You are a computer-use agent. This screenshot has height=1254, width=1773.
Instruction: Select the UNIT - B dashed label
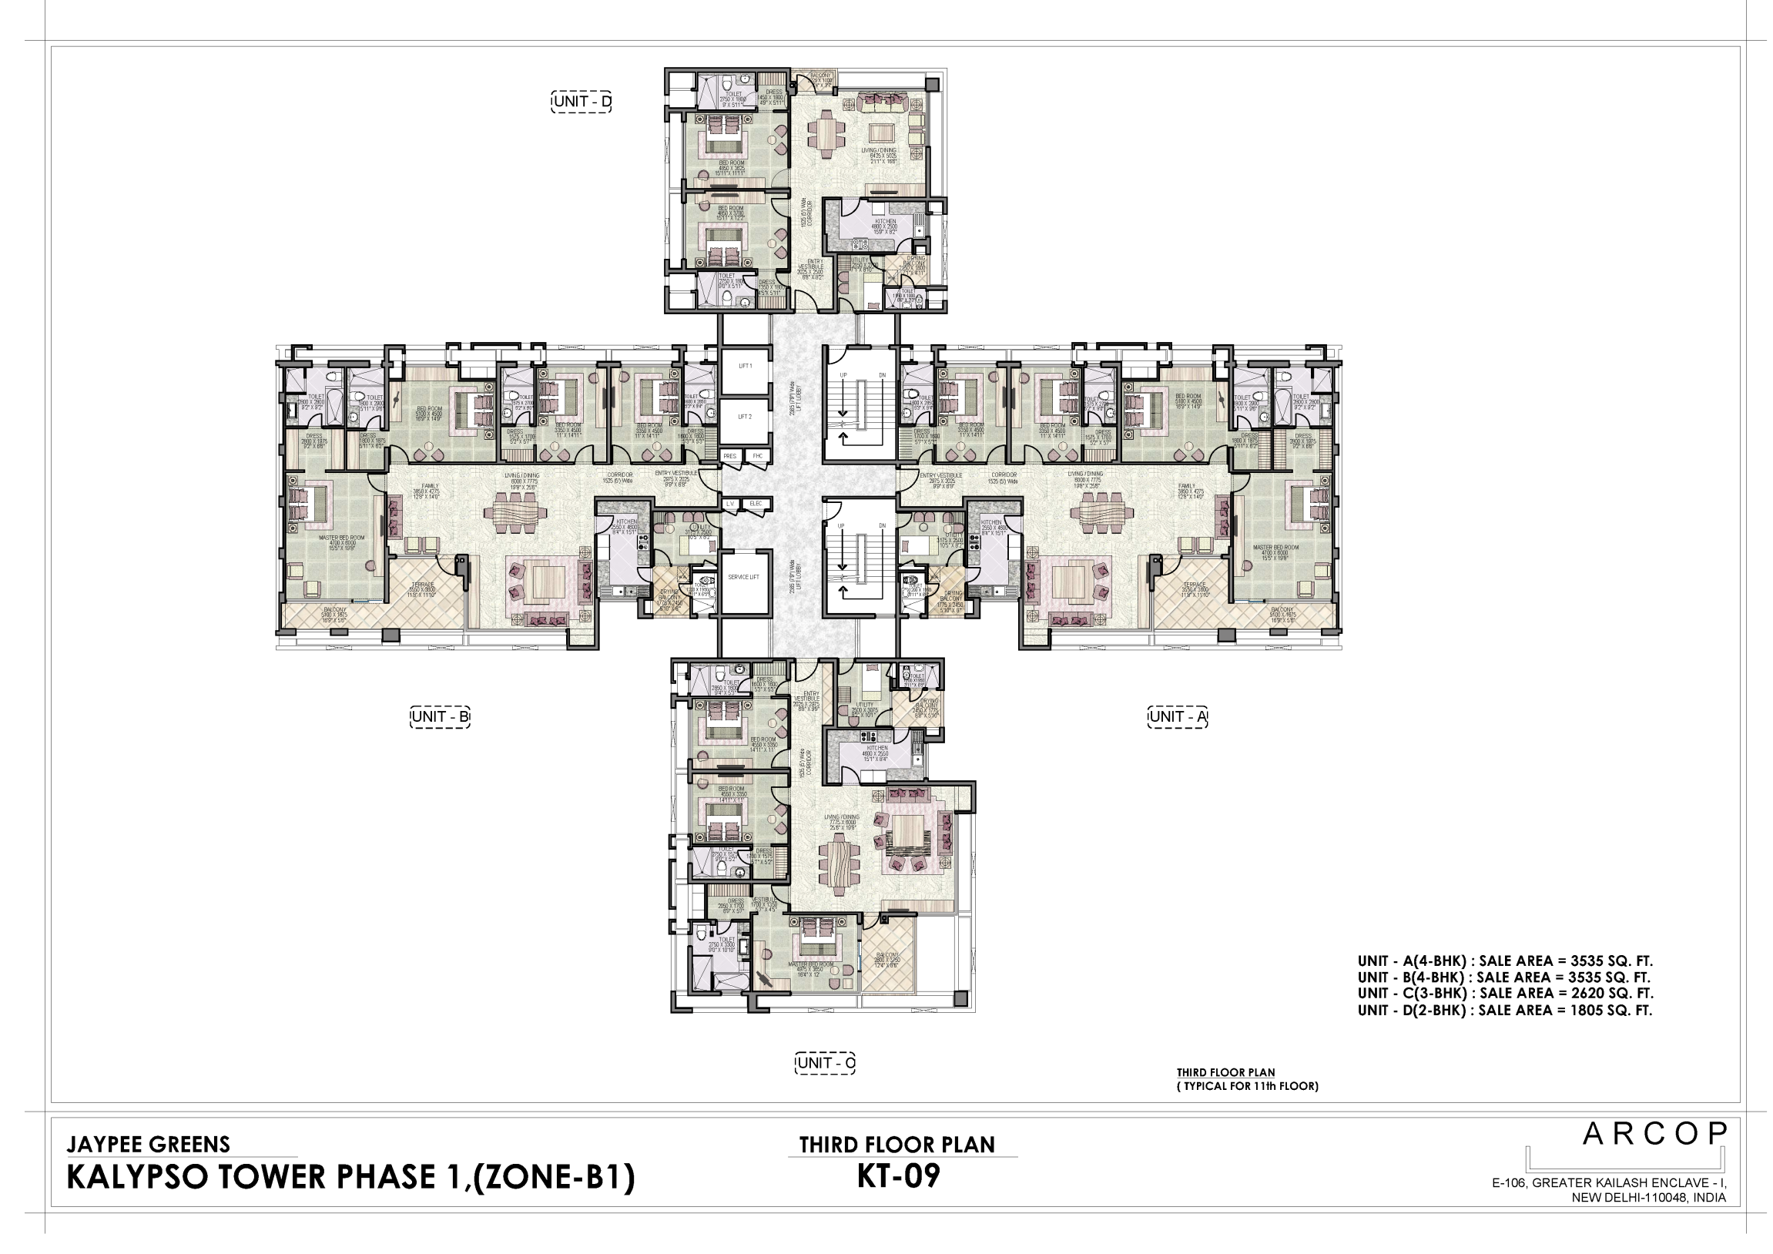tap(441, 718)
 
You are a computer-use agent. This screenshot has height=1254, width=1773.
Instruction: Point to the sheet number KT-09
tap(900, 1179)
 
